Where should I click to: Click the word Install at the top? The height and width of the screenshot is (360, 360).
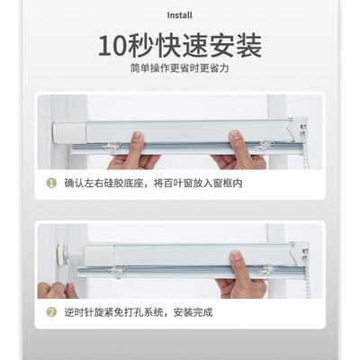pos(179,15)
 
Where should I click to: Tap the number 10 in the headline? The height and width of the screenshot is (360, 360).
pos(114,46)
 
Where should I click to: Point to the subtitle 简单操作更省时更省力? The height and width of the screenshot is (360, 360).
pos(179,68)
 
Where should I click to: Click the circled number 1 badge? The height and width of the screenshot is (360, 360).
pos(51,183)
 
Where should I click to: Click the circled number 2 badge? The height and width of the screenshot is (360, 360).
pos(51,312)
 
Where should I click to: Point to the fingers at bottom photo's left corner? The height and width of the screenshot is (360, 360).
pos(55,290)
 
